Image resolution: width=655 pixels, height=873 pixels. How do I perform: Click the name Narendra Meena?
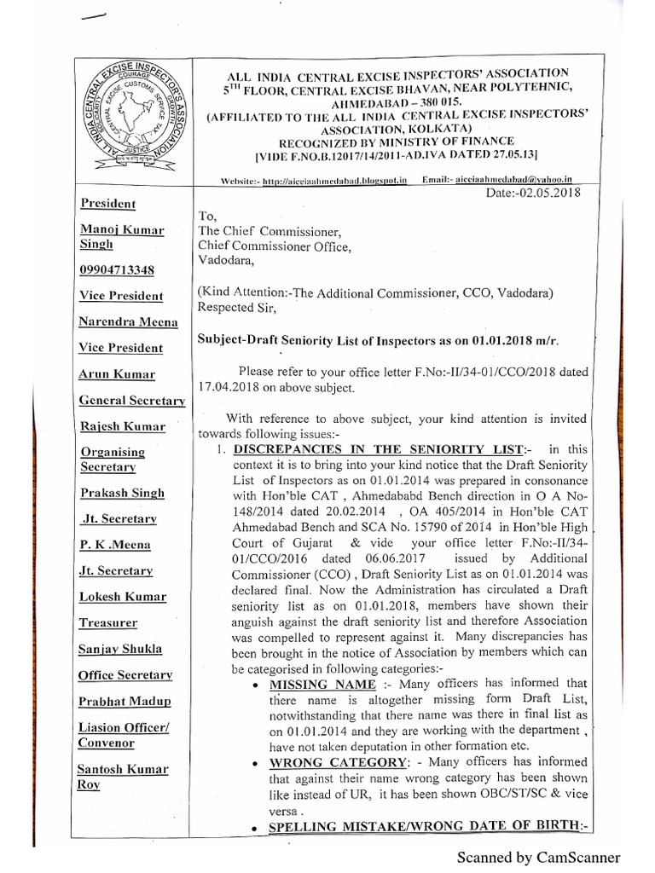click(129, 321)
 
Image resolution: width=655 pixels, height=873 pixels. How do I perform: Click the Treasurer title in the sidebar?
click(108, 622)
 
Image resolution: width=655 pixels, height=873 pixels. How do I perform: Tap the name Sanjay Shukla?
click(120, 649)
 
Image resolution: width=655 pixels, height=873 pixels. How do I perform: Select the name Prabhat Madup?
click(125, 701)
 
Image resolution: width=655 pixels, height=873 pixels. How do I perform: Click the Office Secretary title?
click(125, 674)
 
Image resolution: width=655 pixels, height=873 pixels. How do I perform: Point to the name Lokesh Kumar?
click(123, 597)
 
